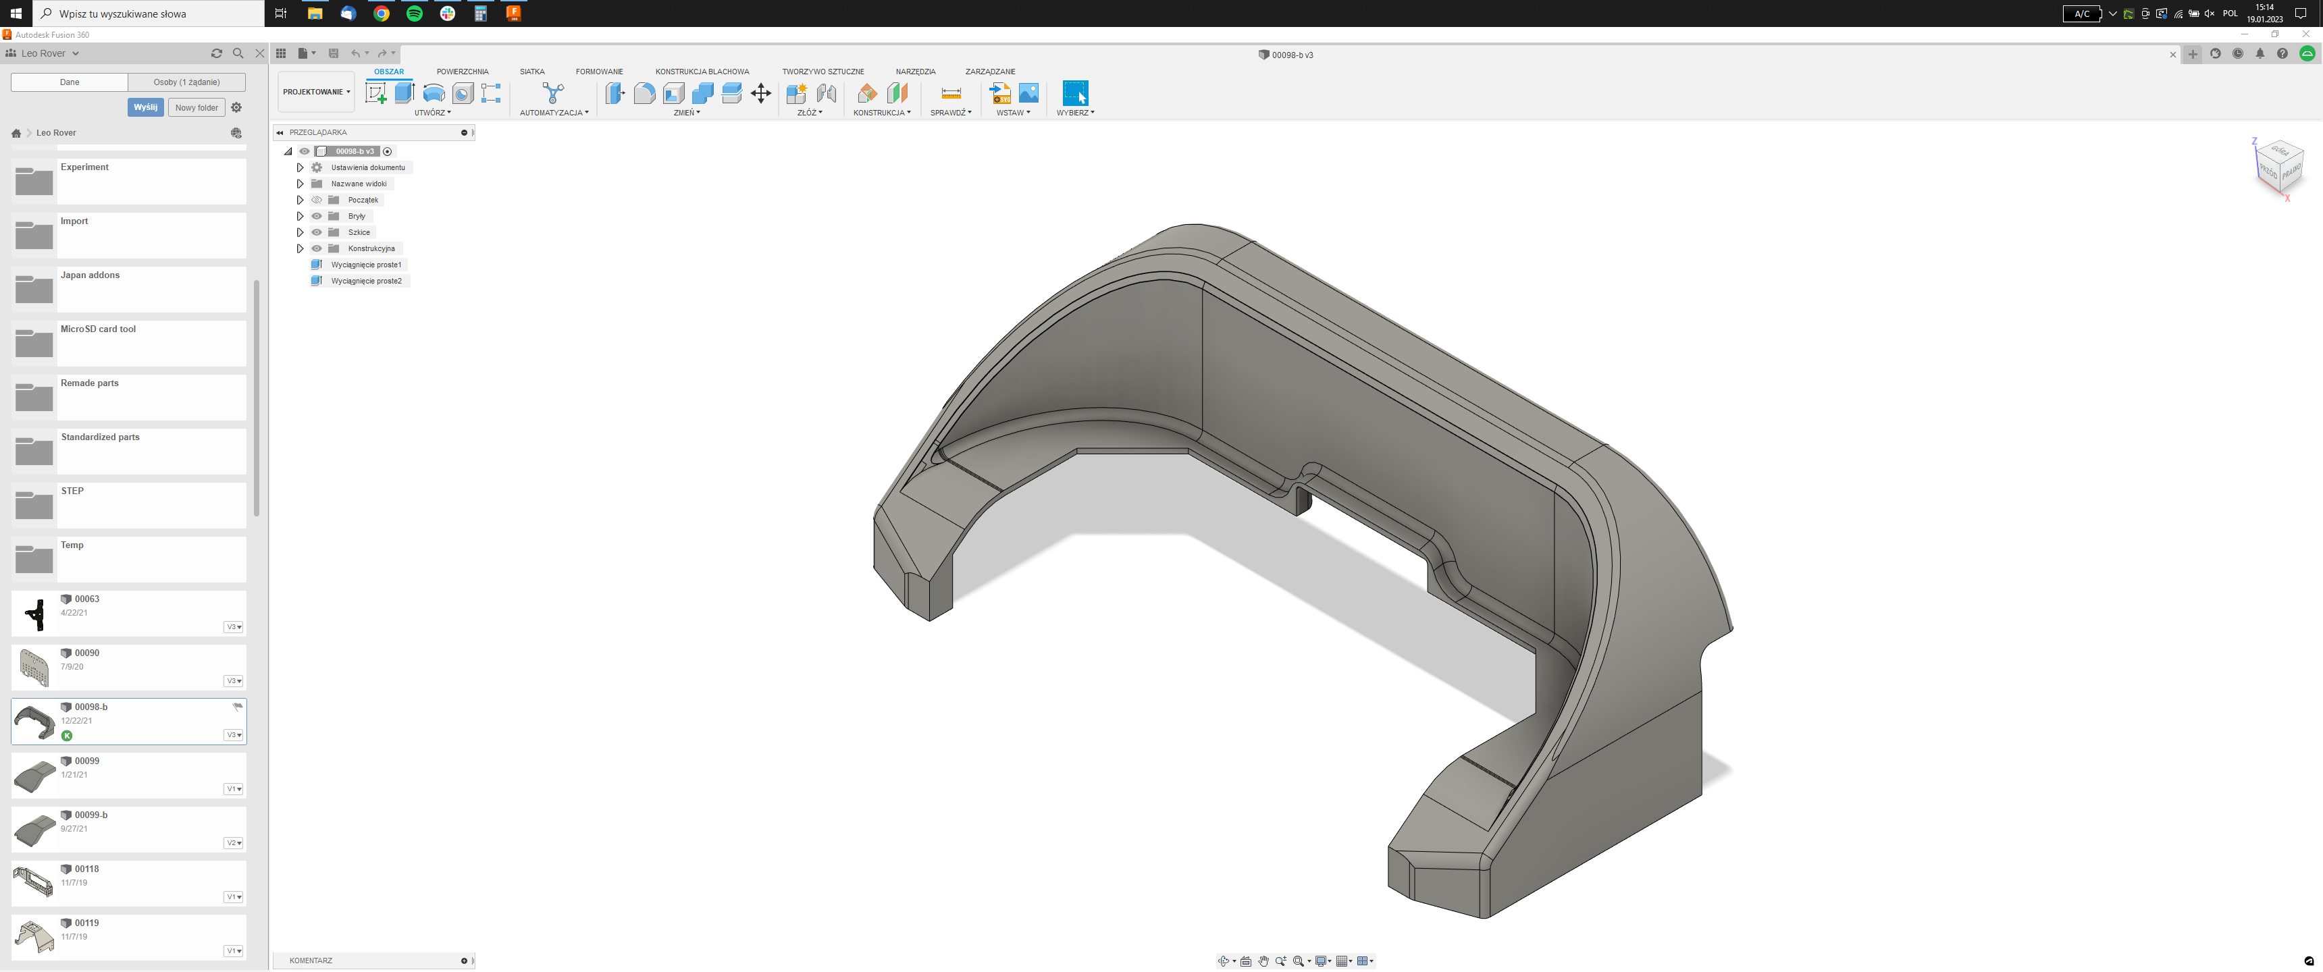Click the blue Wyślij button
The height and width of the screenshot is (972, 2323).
pos(145,107)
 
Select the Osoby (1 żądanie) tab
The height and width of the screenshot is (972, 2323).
pos(186,82)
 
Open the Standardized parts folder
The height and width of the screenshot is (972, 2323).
pos(100,437)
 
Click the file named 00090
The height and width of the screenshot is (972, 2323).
pos(86,653)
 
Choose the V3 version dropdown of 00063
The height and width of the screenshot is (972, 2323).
pos(234,626)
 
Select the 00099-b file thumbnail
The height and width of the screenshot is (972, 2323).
pos(34,830)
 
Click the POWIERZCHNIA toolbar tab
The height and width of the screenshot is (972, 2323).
pos(462,72)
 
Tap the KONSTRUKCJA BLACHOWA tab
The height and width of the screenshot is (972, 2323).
pos(702,72)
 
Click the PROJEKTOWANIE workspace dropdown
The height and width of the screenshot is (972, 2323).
pos(315,92)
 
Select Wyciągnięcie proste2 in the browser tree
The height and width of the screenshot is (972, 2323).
pos(365,280)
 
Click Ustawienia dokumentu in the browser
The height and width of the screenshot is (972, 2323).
pos(367,167)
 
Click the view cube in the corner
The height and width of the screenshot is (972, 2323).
pos(2279,167)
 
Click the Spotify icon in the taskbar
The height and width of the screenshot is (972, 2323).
pos(414,13)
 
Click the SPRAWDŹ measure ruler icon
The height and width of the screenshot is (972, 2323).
pos(951,93)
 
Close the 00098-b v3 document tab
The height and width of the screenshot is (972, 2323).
pos(2172,55)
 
